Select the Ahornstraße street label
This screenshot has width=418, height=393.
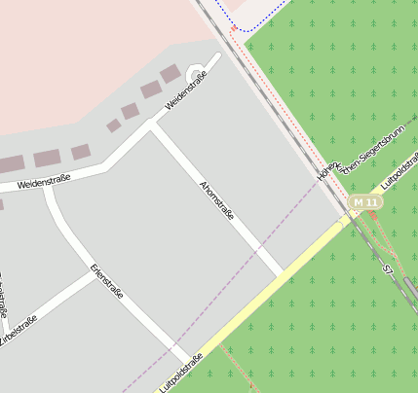coord(216,200)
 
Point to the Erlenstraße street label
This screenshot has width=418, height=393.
coord(106,281)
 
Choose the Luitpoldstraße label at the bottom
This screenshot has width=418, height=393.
coord(180,374)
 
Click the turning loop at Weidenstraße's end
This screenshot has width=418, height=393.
coord(195,73)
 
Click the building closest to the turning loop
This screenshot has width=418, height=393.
coord(171,74)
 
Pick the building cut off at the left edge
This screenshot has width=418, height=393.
coord(9,164)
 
